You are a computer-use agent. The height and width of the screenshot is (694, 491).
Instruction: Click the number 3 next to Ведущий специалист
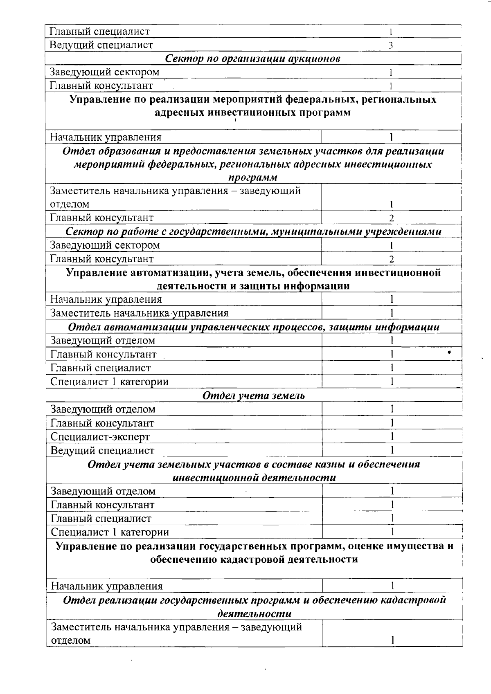click(391, 45)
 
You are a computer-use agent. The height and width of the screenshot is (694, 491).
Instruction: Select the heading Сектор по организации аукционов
click(253, 58)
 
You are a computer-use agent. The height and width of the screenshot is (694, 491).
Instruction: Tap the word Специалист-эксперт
click(100, 437)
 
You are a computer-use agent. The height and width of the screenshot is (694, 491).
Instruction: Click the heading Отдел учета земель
click(254, 395)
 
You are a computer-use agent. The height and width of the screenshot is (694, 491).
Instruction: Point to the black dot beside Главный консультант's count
click(449, 352)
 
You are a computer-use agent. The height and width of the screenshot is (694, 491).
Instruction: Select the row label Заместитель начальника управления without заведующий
click(139, 313)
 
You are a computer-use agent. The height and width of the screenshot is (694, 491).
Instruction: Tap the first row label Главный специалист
click(99, 31)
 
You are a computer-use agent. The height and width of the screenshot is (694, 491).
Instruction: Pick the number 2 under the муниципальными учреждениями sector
click(392, 259)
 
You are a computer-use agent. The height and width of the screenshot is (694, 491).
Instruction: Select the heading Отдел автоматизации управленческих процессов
click(254, 327)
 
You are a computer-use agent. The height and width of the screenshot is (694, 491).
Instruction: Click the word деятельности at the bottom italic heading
click(254, 614)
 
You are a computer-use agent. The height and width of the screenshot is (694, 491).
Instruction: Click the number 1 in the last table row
click(392, 640)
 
